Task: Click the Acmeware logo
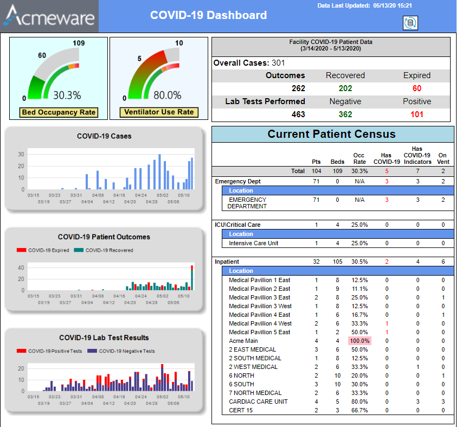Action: click(49, 16)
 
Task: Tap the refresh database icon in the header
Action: click(410, 22)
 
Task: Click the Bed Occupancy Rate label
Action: click(58, 112)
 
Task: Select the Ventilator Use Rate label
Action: click(159, 112)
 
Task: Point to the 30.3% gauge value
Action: click(67, 95)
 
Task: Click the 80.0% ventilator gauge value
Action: click(167, 95)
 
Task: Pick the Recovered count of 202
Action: click(345, 88)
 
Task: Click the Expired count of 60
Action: click(416, 88)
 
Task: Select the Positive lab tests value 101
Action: click(416, 114)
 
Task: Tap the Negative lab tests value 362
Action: click(345, 114)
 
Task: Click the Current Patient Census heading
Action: click(331, 134)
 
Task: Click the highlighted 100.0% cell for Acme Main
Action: click(359, 341)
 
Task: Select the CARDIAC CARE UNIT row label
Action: click(258, 401)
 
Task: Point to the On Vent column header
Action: click(442, 158)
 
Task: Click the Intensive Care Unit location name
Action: click(253, 243)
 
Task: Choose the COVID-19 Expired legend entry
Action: click(43, 250)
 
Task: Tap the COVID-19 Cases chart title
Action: click(104, 136)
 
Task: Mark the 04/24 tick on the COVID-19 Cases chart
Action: click(141, 195)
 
